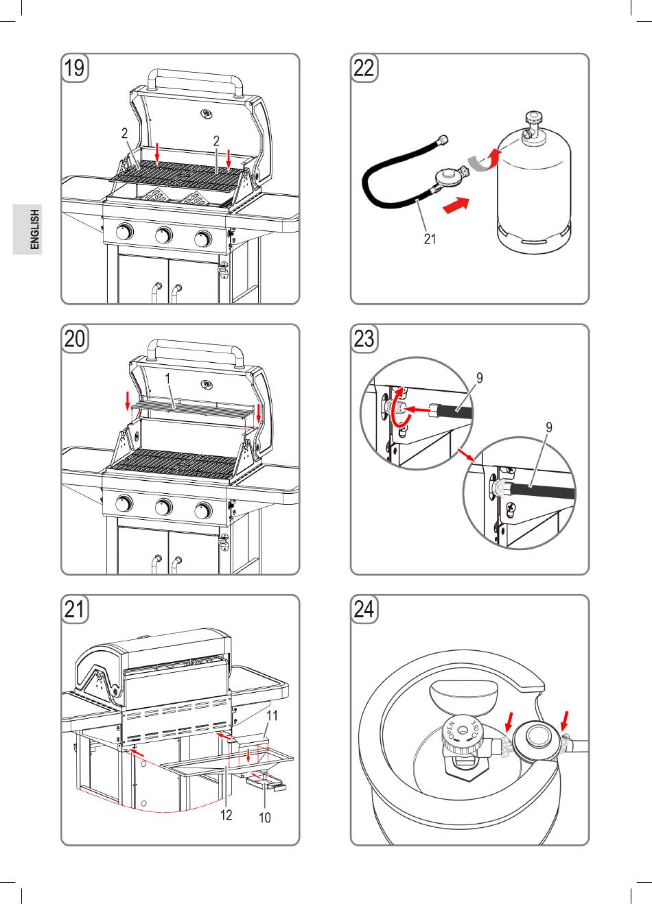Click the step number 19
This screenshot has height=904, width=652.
75,69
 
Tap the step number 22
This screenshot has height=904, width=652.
364,69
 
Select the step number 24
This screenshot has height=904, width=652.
364,610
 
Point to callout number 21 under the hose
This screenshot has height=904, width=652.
430,240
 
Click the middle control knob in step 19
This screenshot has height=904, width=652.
163,235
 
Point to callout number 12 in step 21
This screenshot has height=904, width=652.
226,814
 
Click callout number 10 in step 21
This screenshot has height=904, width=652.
265,818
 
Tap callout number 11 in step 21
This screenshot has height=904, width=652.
272,715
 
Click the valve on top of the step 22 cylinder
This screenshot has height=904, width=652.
533,127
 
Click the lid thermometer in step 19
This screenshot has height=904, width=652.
205,113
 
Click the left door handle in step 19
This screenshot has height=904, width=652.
156,291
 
